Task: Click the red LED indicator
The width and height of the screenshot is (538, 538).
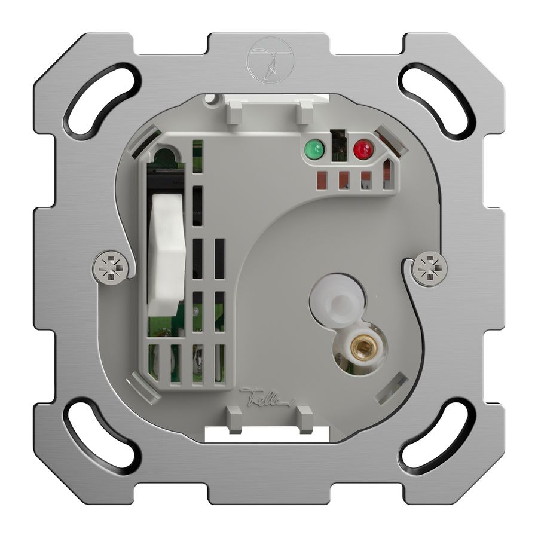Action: [x=362, y=149]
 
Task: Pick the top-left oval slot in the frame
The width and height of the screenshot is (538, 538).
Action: [x=103, y=99]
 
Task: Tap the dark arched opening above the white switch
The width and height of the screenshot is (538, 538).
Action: [x=166, y=158]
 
